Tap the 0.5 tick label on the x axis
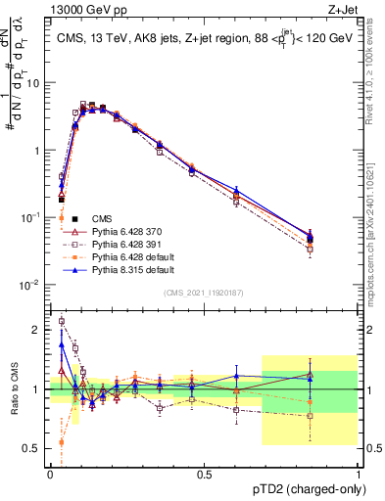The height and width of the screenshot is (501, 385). (x=204, y=474)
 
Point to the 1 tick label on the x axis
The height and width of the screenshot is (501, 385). (x=358, y=474)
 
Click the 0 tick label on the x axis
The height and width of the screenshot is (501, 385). (x=50, y=474)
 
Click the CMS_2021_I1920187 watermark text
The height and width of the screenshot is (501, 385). (x=204, y=292)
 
